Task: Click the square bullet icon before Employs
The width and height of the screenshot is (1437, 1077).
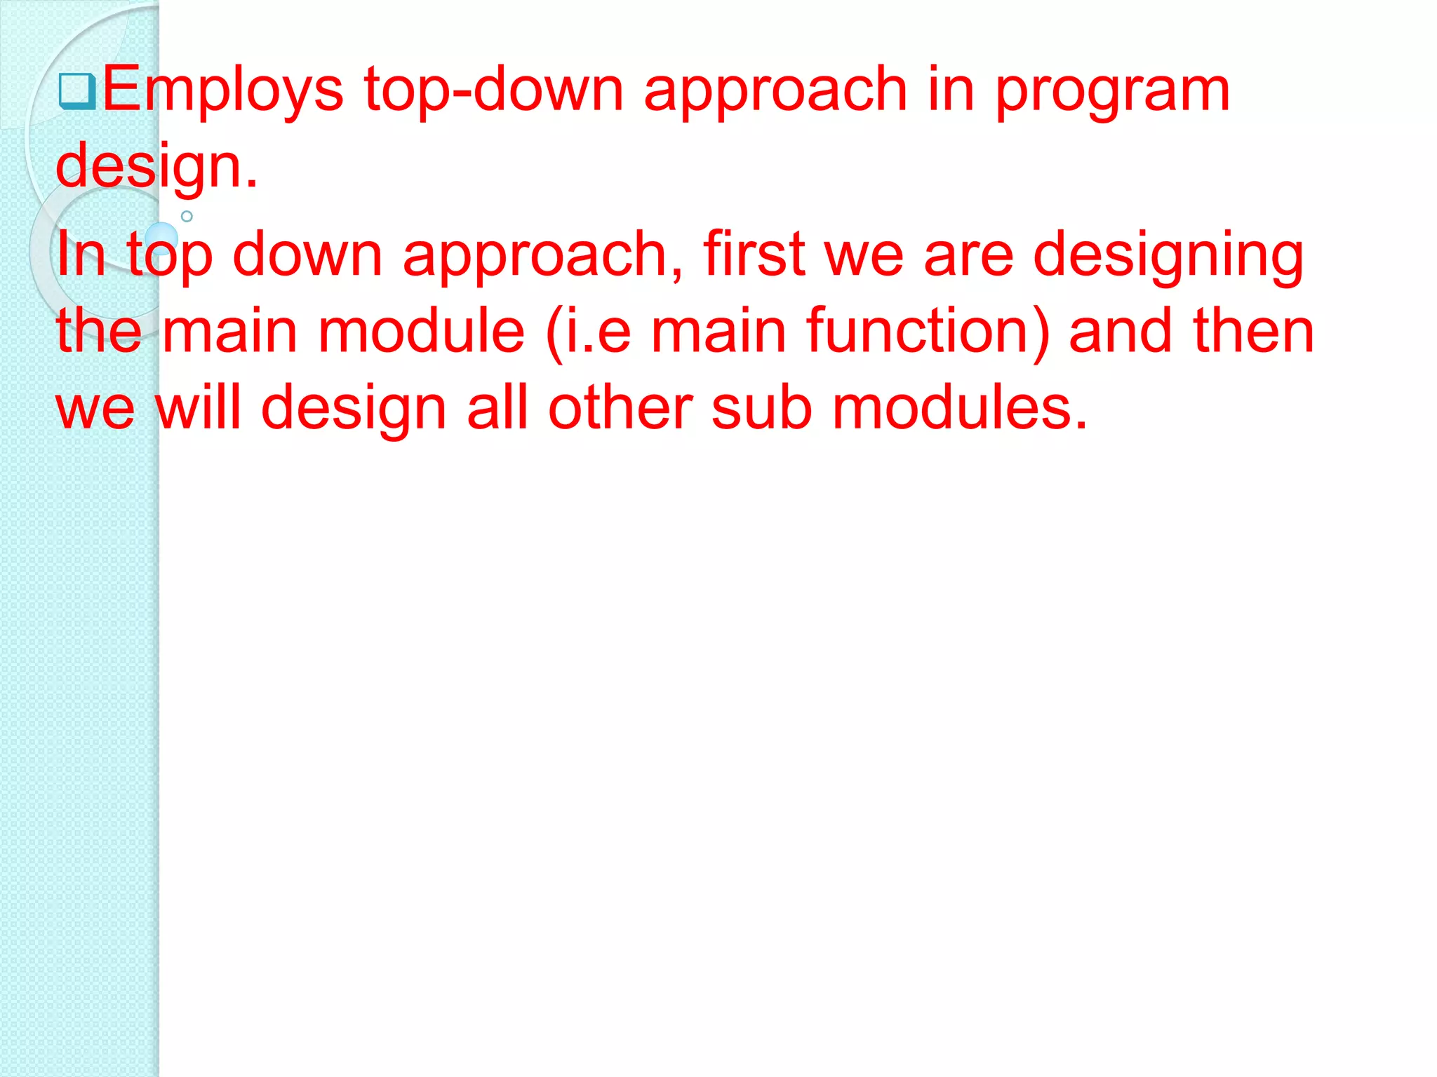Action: tap(76, 92)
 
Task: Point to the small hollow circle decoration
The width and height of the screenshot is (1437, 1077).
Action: tap(187, 216)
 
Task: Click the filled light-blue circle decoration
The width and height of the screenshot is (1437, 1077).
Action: tap(161, 238)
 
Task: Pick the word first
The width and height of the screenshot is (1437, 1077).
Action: tap(754, 254)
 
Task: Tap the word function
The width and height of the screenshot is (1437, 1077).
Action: tap(926, 331)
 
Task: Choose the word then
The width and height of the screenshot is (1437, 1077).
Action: tap(1252, 331)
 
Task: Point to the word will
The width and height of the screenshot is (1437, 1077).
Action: tap(198, 407)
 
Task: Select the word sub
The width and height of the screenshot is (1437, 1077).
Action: tap(761, 407)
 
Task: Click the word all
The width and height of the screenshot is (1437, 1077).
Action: tap(497, 407)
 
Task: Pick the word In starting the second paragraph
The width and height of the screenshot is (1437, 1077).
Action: tap(80, 254)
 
